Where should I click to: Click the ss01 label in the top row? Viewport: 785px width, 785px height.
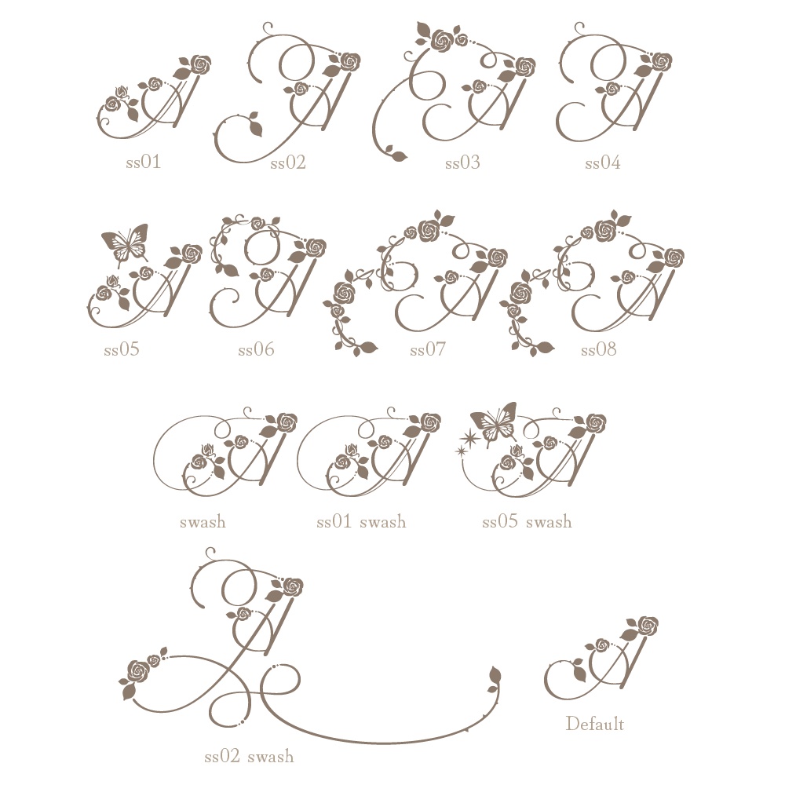(143, 162)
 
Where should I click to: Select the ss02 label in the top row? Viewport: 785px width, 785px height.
(288, 162)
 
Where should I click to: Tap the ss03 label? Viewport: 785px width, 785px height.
(462, 162)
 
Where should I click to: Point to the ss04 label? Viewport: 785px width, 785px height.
(603, 162)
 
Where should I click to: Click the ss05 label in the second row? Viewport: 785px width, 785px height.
(122, 349)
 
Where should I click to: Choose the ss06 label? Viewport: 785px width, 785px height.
(257, 349)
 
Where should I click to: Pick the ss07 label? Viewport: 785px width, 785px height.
(428, 349)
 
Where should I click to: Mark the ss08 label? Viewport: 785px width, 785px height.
(599, 349)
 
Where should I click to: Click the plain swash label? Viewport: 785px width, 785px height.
(203, 522)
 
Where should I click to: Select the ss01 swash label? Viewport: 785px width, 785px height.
(361, 522)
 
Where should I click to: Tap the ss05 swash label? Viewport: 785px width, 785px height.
(527, 522)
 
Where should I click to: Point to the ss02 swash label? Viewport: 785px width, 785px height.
(249, 756)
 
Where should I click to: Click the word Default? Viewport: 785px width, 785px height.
(595, 724)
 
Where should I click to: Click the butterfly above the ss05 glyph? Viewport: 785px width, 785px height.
(125, 244)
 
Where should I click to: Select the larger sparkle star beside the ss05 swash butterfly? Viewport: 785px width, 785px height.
(470, 438)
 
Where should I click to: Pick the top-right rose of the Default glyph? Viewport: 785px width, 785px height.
(648, 626)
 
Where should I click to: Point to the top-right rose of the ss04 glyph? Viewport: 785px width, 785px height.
(661, 62)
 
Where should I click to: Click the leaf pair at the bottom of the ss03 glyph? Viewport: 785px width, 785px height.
(395, 154)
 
